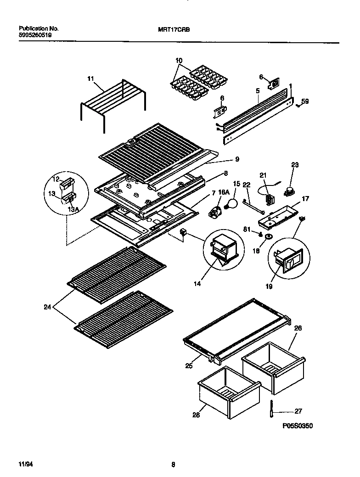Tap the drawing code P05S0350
point(298,426)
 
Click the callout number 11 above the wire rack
point(90,79)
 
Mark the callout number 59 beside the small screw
point(305,102)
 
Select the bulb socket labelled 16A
point(216,213)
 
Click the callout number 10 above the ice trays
point(179,61)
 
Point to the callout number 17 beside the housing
point(305,199)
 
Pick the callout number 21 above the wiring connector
point(263,175)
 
